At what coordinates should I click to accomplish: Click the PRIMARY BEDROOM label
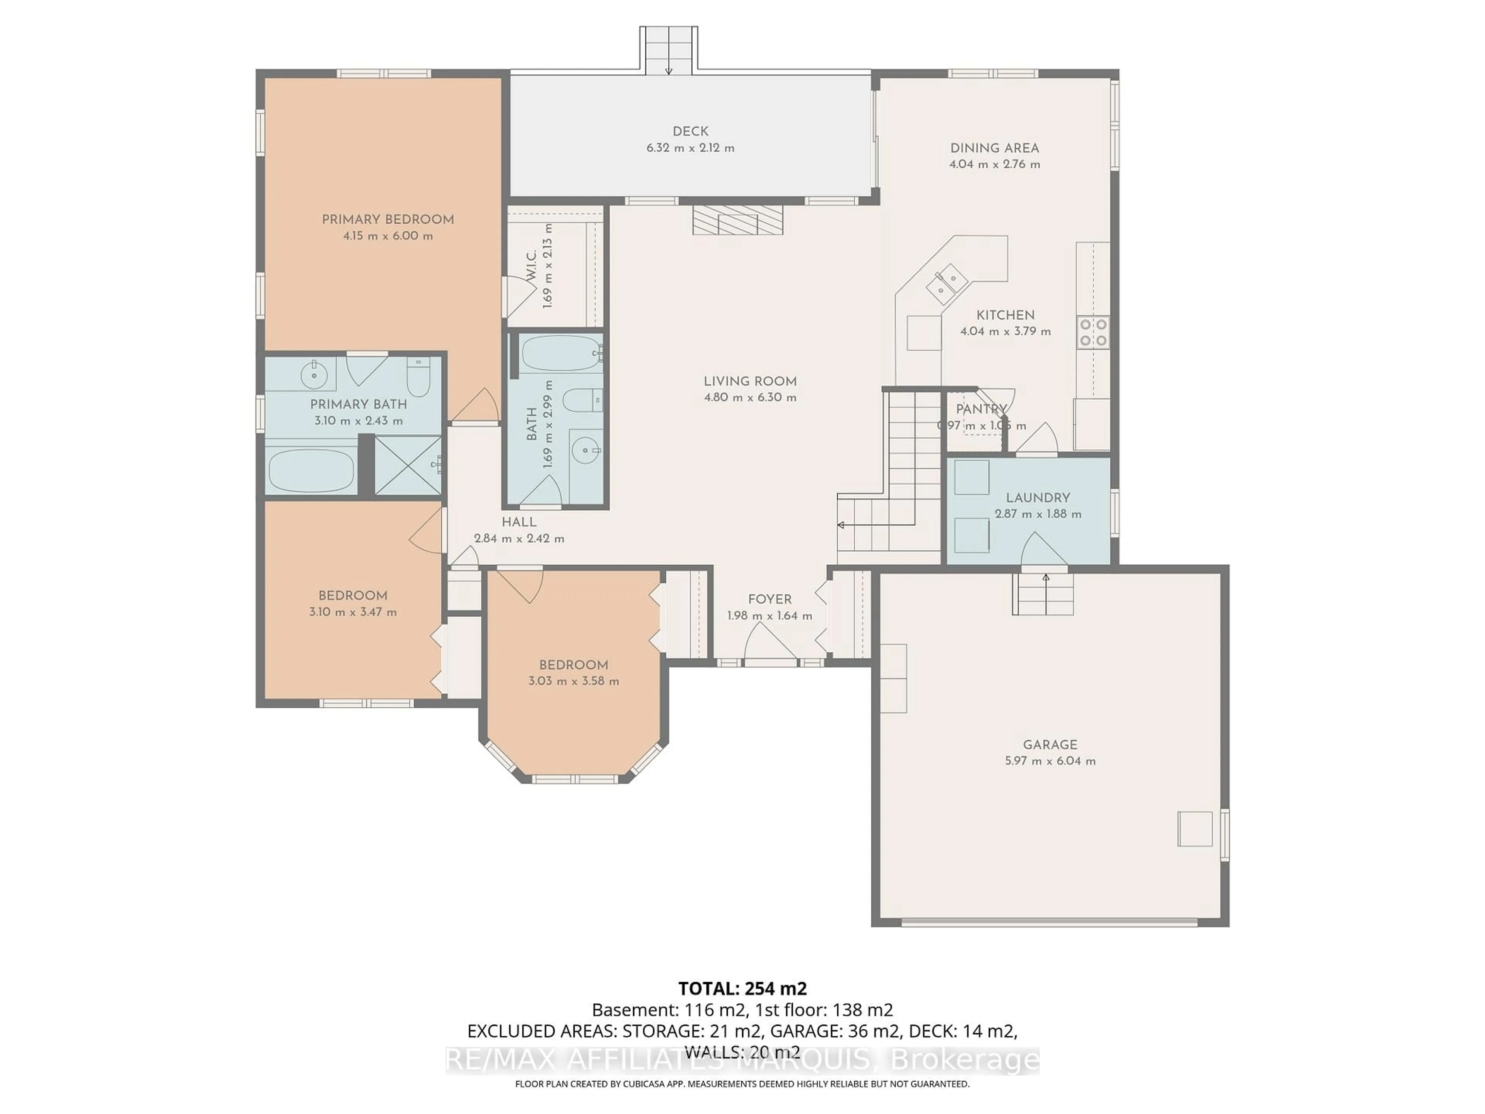pyautogui.click(x=387, y=220)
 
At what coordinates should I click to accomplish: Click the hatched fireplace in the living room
pyautogui.click(x=738, y=220)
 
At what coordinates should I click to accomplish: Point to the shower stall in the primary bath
pyautogui.click(x=408, y=465)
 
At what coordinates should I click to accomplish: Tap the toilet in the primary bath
pyautogui.click(x=418, y=378)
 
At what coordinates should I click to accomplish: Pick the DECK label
pyautogui.click(x=690, y=132)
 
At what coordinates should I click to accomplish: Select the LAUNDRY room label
pyautogui.click(x=1038, y=497)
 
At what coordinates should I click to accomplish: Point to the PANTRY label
pyautogui.click(x=981, y=409)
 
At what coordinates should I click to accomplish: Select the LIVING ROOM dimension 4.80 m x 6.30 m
pyautogui.click(x=750, y=398)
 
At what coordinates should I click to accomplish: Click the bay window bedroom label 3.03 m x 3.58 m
pyautogui.click(x=574, y=681)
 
